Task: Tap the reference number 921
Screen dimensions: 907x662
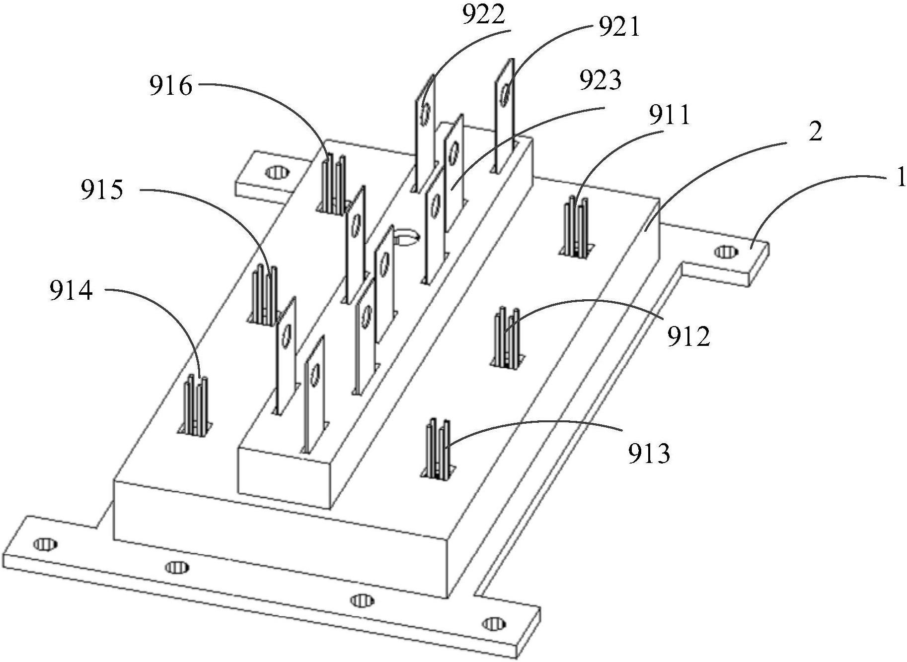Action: [618, 28]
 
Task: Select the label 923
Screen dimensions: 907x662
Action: [600, 80]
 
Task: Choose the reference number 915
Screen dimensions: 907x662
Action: [102, 190]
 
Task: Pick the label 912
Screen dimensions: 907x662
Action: [688, 337]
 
